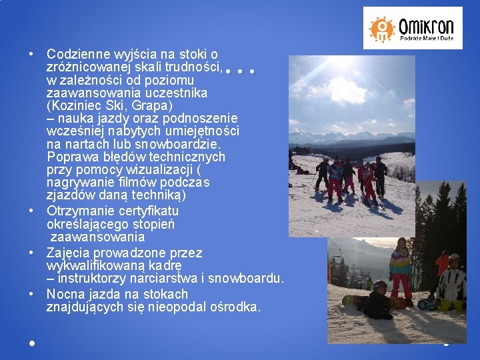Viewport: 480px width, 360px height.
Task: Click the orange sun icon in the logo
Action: (382, 28)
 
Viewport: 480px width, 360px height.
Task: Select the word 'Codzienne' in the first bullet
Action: (74, 53)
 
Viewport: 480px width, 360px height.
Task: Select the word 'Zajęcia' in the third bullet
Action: (67, 253)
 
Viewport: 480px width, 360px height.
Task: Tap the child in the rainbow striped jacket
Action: (401, 267)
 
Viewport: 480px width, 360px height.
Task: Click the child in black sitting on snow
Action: (378, 301)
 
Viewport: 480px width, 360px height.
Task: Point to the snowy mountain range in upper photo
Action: (353, 137)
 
